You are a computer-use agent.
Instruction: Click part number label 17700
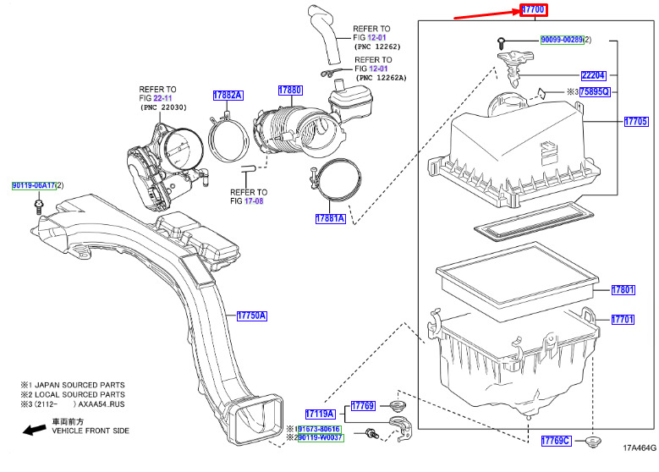tap(534, 10)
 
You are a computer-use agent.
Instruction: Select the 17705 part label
tap(634, 122)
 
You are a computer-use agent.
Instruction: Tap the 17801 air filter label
tap(623, 291)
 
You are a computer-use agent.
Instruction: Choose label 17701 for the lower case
tap(623, 319)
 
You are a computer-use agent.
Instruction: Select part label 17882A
tap(227, 96)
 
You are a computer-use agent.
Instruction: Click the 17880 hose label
tap(290, 90)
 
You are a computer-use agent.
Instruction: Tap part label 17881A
tap(330, 218)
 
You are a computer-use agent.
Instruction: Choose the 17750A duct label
tap(251, 316)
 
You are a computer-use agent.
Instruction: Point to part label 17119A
tap(321, 414)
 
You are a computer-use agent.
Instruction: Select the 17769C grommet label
tap(557, 441)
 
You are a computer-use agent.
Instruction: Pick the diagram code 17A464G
tap(640, 448)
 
